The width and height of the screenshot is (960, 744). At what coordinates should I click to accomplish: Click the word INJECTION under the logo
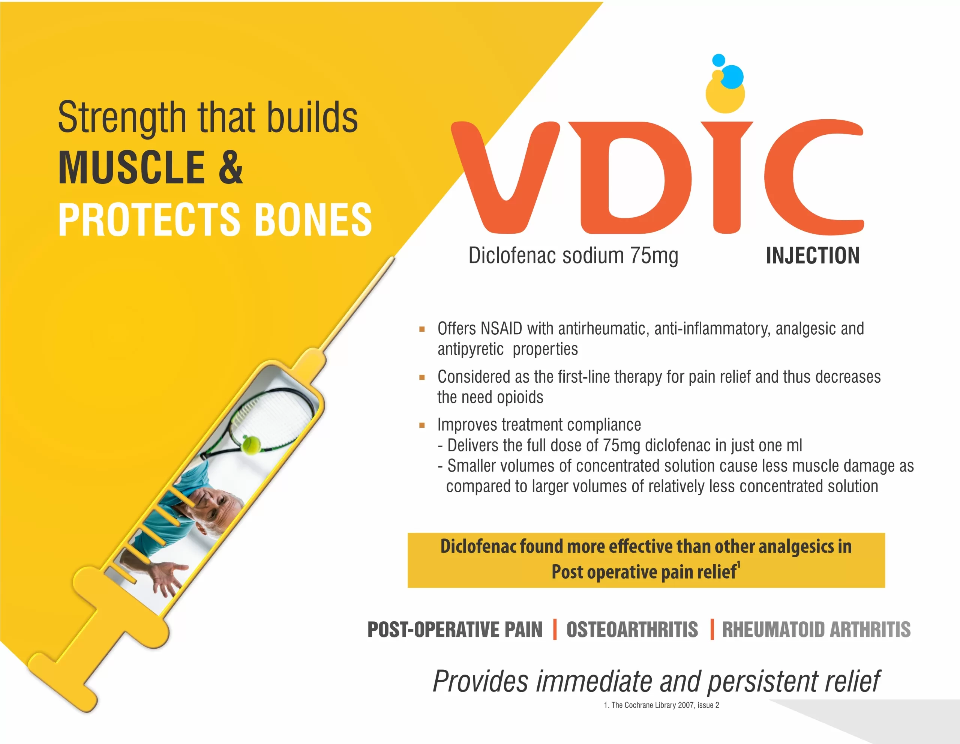point(813,256)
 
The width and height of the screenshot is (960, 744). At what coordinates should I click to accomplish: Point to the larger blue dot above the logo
point(732,77)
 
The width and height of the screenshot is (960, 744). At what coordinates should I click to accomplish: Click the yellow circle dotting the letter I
point(725,94)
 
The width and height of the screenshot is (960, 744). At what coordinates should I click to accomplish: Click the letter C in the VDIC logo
point(813,177)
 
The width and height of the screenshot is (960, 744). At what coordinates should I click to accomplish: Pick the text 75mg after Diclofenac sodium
point(654,256)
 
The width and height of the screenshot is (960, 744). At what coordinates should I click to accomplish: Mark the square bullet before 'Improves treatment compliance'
point(422,425)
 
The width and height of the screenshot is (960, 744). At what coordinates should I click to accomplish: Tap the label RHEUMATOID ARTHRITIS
point(816,629)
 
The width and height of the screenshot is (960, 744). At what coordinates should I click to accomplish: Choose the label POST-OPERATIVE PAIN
point(455,629)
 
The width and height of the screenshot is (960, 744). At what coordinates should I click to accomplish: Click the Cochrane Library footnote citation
point(661,705)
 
